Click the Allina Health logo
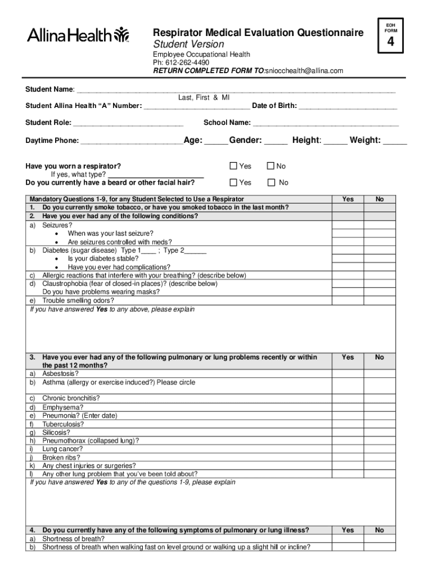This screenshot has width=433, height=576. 78,35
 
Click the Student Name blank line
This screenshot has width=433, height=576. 236,90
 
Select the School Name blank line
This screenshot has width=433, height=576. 326,123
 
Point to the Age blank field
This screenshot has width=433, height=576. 215,141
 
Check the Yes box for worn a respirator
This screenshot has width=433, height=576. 233,166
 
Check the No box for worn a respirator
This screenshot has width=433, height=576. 270,166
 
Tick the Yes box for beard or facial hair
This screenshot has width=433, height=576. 233,182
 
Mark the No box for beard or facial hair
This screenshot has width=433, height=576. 271,182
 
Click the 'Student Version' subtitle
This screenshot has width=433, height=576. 189,44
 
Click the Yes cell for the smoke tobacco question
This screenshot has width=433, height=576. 348,208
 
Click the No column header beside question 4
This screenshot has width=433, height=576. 380,530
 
